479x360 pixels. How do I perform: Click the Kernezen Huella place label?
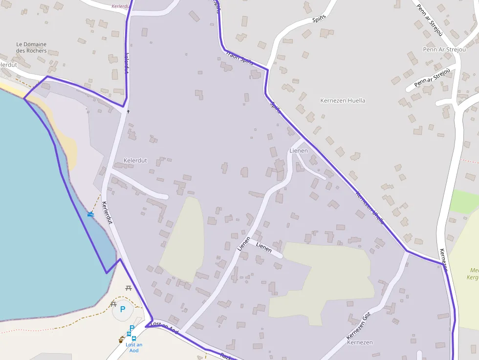[x=342, y=101]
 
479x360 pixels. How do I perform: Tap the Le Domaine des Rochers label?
[x=31, y=47]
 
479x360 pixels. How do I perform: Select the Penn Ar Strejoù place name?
[x=444, y=50]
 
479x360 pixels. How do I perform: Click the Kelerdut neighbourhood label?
[x=135, y=160]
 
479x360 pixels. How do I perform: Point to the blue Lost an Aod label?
[x=134, y=347]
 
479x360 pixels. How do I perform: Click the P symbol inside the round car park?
[x=123, y=309]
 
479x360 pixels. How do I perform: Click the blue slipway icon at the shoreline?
[x=90, y=213]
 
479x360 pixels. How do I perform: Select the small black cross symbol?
[x=129, y=111]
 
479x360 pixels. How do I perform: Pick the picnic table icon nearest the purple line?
[x=129, y=288]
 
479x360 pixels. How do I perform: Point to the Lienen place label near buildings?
[x=299, y=150]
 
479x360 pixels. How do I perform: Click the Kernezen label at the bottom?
[x=360, y=342]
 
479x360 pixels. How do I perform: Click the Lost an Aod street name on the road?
[x=165, y=327]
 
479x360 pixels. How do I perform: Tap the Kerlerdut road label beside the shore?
[x=107, y=213]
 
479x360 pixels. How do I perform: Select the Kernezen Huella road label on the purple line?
[x=370, y=207]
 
